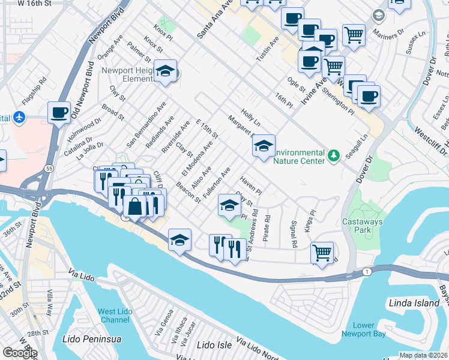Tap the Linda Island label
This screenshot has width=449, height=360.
tap(414, 303)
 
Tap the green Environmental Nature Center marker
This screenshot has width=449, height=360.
tap(334, 155)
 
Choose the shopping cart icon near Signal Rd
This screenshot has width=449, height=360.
tap(322, 252)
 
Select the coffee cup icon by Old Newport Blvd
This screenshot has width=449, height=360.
tap(59, 112)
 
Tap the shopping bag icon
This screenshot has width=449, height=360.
tap(136, 206)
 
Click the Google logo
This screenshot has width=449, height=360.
tap(20, 353)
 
